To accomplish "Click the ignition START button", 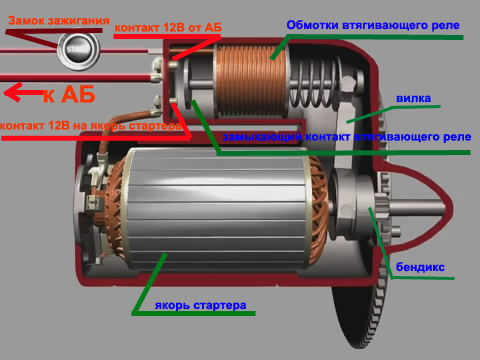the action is (x=78, y=50).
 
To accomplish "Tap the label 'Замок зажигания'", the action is (x=59, y=21).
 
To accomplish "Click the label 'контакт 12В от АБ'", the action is (x=168, y=28).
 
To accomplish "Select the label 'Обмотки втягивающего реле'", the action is (x=373, y=25).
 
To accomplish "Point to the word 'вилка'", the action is (x=413, y=98).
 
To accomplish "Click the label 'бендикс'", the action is (x=420, y=267).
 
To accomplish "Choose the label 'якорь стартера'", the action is (x=200, y=305).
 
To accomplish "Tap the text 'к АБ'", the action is (x=69, y=94).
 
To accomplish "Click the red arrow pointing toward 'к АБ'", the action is (x=23, y=92).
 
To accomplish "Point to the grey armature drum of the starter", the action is (x=217, y=208).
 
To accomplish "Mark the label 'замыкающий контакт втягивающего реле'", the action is (x=347, y=137).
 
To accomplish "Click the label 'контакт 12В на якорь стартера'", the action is (x=91, y=126).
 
